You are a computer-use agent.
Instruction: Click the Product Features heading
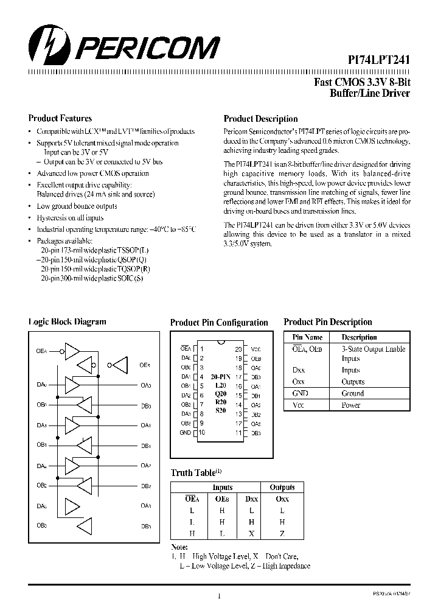[60, 119]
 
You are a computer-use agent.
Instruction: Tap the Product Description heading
[260, 119]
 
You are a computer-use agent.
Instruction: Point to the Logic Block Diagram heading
[67, 322]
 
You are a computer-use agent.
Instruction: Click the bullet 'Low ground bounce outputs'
[77, 206]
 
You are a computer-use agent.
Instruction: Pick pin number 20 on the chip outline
[238, 349]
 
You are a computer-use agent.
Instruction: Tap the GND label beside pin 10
[185, 433]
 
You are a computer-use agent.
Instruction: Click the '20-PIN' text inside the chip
[221, 377]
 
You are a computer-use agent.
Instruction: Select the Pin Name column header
[307, 337]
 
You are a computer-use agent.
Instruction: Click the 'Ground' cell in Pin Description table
[352, 394]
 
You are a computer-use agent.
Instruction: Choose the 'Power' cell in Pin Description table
[351, 405]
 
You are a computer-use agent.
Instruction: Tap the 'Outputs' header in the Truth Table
[282, 488]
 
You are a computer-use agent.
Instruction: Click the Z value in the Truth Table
[282, 533]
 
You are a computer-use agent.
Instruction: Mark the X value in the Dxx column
[251, 533]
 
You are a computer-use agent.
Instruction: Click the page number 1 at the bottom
[218, 597]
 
